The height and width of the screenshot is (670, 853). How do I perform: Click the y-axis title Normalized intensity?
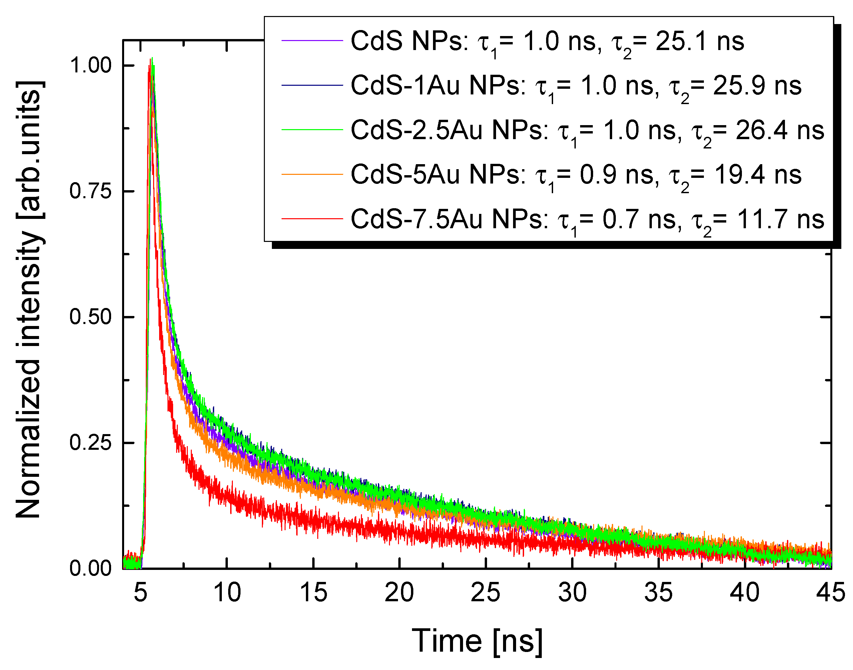click(x=28, y=300)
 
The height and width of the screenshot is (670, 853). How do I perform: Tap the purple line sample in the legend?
click(x=312, y=40)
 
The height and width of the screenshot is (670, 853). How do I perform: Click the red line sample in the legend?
click(x=312, y=219)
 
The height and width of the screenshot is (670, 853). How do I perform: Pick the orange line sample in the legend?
click(x=312, y=174)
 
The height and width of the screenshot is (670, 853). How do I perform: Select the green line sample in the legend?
click(x=312, y=129)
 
